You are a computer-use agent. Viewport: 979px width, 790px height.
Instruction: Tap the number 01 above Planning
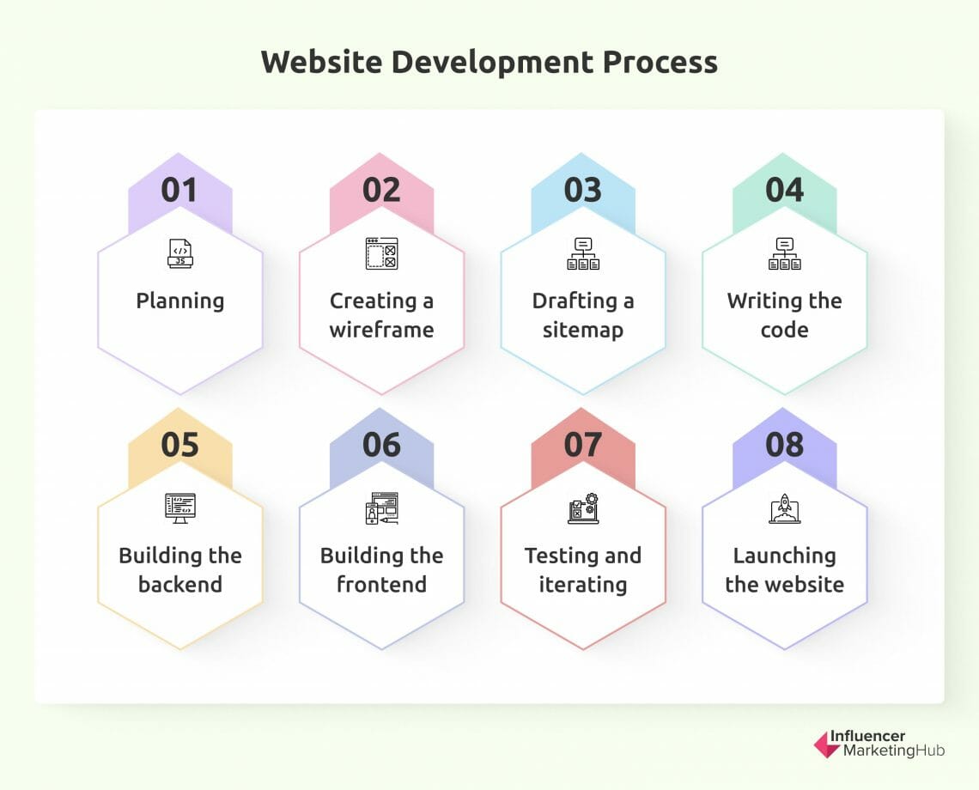coord(179,190)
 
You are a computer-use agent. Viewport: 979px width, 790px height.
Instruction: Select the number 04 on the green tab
coord(784,190)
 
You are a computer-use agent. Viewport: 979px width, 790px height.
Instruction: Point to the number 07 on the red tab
coord(582,445)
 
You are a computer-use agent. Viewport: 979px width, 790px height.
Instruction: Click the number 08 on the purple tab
coord(784,445)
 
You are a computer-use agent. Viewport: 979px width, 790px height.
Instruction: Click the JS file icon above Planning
coord(180,253)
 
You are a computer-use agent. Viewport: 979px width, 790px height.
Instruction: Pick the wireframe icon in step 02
coord(381,253)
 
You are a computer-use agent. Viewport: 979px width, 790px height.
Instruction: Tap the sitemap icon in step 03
coord(583,253)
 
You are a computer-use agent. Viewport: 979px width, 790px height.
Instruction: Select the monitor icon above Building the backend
coord(180,507)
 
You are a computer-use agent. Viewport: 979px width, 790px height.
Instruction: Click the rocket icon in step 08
coord(784,507)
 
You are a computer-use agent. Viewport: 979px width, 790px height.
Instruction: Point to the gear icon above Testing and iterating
coord(592,500)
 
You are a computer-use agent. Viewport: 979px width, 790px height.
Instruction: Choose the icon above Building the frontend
coord(381,507)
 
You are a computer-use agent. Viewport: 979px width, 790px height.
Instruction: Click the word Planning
coord(180,301)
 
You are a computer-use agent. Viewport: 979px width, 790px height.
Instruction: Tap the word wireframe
coord(381,330)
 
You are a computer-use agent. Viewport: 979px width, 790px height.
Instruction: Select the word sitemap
coord(583,330)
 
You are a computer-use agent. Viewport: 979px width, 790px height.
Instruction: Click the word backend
coord(180,585)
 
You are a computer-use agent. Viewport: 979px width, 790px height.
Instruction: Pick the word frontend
coord(381,585)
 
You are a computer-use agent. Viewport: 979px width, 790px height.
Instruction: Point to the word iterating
coord(583,585)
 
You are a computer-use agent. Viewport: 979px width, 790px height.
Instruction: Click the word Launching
coord(784,556)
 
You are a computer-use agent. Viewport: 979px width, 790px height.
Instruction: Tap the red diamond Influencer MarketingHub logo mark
coord(827,744)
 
